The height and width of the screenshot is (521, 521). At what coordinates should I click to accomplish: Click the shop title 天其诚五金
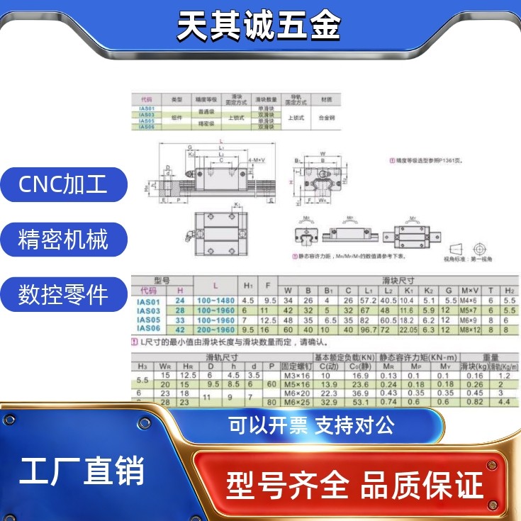[259, 26]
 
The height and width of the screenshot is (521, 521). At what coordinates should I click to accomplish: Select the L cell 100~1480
[215, 301]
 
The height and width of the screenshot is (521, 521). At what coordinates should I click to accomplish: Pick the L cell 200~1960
[215, 329]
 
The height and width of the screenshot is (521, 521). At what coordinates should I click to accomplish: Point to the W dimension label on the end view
[323, 153]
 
